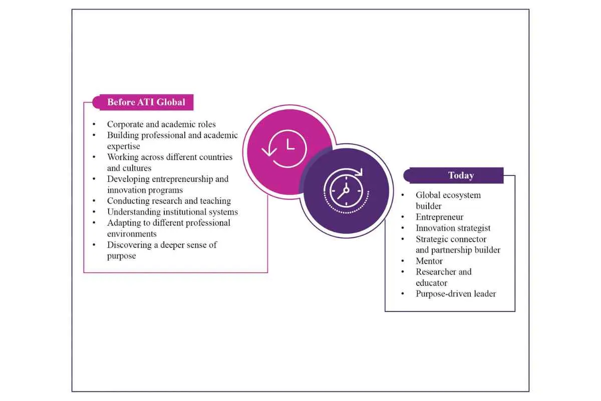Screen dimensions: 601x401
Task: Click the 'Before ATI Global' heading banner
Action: click(x=143, y=102)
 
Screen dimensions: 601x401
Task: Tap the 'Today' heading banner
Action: click(x=453, y=175)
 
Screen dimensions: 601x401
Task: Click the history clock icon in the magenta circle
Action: click(x=284, y=148)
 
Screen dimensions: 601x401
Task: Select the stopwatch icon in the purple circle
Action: click(x=347, y=190)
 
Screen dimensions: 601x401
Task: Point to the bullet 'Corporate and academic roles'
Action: click(x=161, y=124)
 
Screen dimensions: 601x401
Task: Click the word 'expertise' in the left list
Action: click(x=123, y=146)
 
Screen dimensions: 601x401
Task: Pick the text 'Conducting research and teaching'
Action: click(x=169, y=201)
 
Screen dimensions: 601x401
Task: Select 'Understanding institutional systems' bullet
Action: click(x=172, y=212)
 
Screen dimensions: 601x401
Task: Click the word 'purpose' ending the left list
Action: click(x=121, y=256)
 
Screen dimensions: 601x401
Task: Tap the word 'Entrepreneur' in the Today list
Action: click(x=440, y=217)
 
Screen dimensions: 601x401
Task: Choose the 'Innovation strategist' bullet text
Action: click(x=453, y=228)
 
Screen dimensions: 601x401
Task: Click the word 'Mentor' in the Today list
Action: click(x=429, y=261)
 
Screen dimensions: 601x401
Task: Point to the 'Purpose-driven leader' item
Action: click(x=456, y=294)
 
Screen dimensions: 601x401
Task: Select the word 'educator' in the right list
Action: click(x=431, y=283)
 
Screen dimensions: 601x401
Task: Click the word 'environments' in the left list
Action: click(x=132, y=234)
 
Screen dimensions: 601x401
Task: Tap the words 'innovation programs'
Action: click(x=145, y=190)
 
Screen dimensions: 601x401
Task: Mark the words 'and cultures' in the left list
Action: click(x=129, y=168)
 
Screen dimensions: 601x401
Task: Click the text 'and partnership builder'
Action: click(x=458, y=250)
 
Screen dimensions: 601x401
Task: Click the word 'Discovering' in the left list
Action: click(x=129, y=245)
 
